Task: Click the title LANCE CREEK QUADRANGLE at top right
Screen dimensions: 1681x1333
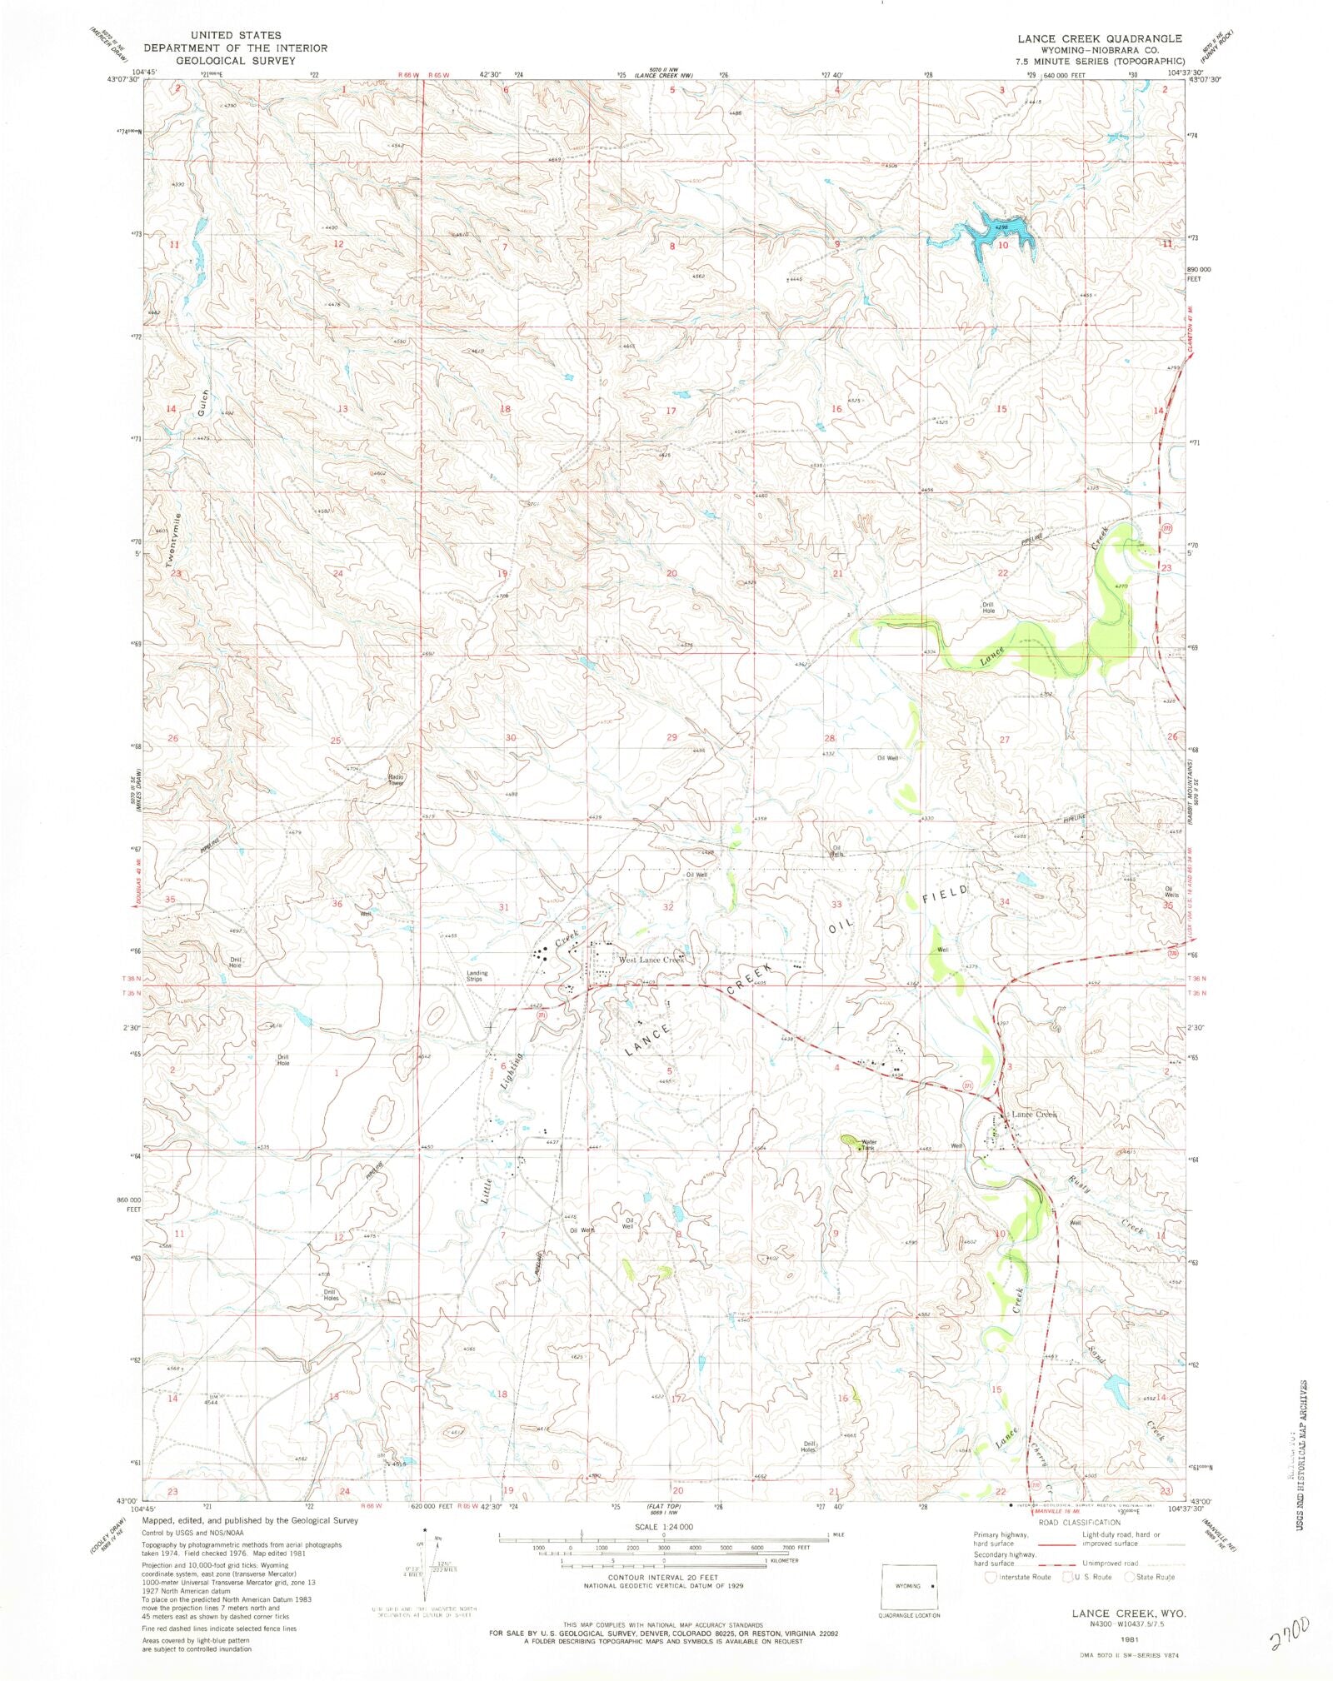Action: pos(1099,38)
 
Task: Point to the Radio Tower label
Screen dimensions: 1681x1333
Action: pos(397,781)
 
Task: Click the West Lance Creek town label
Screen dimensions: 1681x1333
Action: pos(651,960)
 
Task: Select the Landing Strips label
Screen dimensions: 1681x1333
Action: pos(477,976)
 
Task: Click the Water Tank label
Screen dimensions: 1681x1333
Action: pos(869,1145)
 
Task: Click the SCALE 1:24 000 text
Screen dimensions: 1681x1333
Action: pos(663,1525)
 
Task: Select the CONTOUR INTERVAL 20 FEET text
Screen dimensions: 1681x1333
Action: pos(663,1578)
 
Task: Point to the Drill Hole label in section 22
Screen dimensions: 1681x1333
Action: pos(988,607)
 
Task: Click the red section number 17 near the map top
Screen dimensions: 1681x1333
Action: pos(671,412)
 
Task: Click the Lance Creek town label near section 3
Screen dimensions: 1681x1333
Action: pos(1033,1114)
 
